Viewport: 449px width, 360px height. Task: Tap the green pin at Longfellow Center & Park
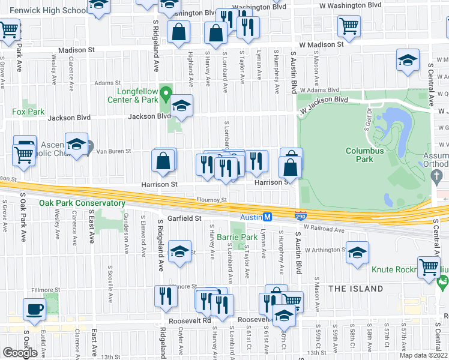point(170,92)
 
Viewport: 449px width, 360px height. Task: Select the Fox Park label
point(28,112)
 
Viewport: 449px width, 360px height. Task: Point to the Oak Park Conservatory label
point(82,203)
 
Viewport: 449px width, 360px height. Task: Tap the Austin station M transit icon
point(268,217)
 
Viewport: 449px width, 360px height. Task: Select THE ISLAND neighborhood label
point(355,289)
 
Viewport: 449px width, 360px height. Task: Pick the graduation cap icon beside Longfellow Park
point(181,106)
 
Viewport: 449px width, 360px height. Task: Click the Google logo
point(20,353)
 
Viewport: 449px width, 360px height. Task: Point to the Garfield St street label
point(184,218)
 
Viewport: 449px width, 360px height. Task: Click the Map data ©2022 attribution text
point(424,355)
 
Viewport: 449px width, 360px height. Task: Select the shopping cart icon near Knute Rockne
point(429,267)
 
